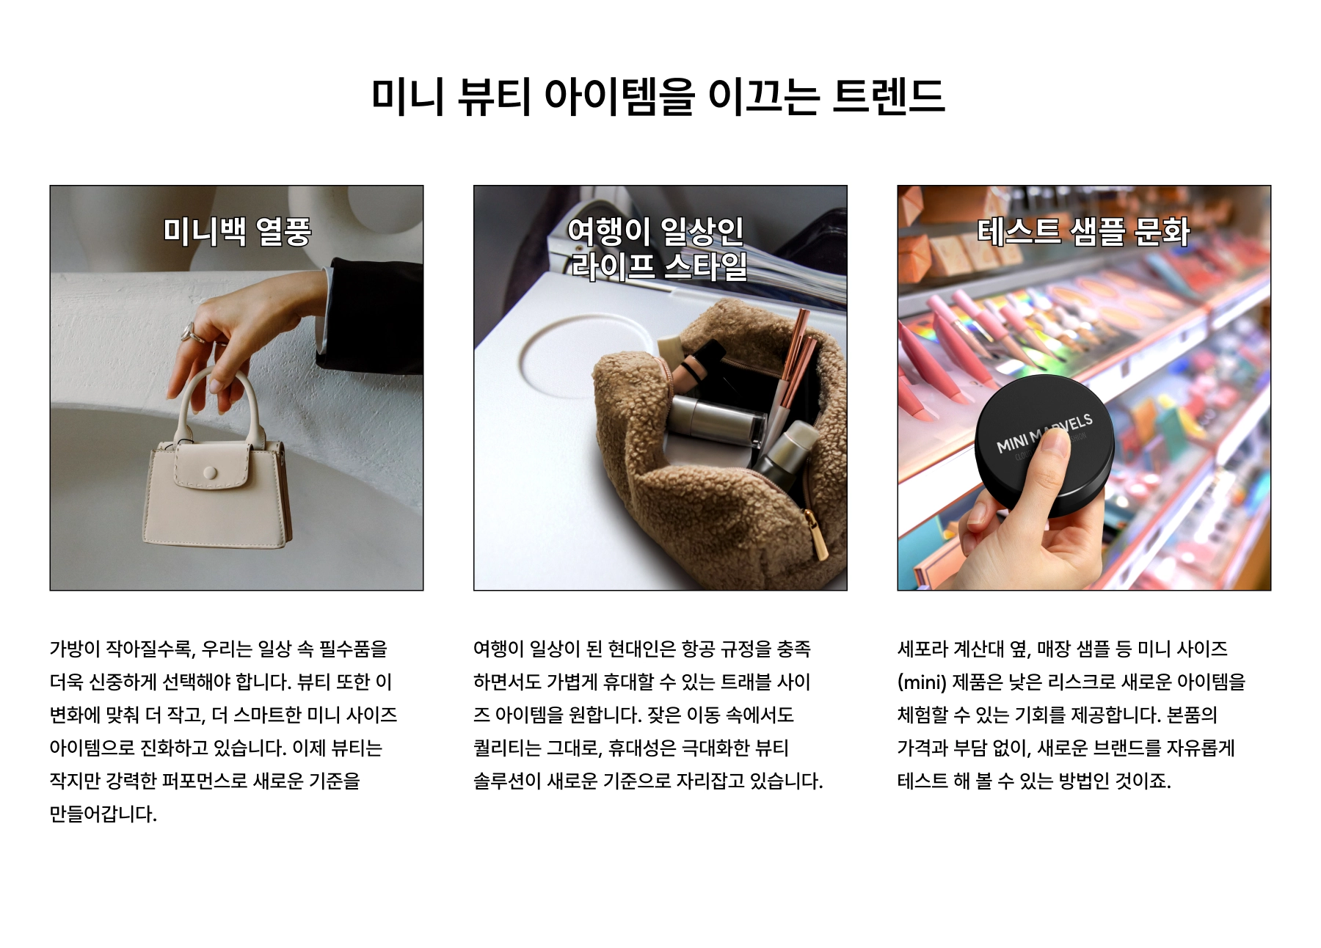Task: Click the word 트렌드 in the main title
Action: pyautogui.click(x=889, y=96)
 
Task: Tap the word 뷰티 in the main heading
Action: pyautogui.click(x=494, y=96)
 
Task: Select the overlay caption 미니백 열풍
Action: pyautogui.click(x=237, y=231)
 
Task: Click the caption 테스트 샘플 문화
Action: pyautogui.click(x=1083, y=231)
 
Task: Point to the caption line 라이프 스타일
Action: pyautogui.click(x=659, y=266)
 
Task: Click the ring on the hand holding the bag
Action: pyautogui.click(x=190, y=332)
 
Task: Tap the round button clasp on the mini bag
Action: pyautogui.click(x=210, y=473)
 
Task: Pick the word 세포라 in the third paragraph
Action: pyautogui.click(x=922, y=649)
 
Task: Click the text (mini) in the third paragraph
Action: pyautogui.click(x=922, y=682)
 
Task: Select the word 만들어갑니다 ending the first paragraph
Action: pyautogui.click(x=103, y=814)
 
